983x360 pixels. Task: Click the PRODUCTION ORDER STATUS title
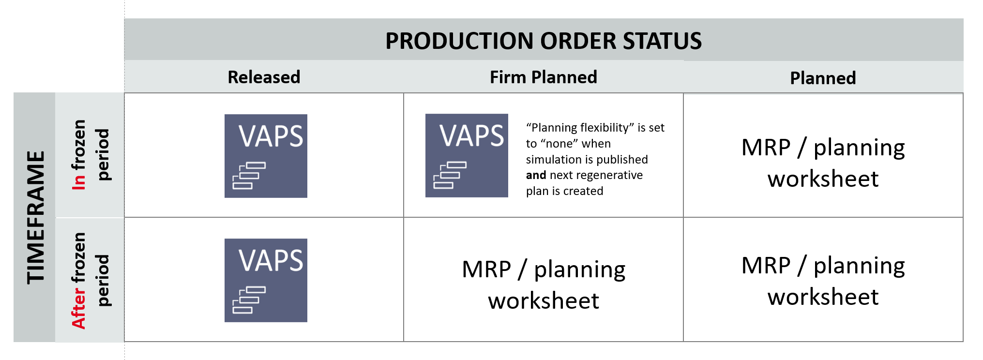coord(543,41)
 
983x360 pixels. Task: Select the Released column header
coord(264,77)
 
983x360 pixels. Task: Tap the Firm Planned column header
coord(543,77)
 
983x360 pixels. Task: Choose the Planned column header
coord(823,78)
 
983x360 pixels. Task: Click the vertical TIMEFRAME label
coord(35,217)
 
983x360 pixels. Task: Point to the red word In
coord(79,181)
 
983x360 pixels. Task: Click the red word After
coord(79,308)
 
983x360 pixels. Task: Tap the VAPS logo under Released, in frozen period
coord(266,156)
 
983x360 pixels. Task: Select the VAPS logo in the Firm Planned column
coord(467,155)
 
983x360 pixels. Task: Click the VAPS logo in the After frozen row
coord(266,280)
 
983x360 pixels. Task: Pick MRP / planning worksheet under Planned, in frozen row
coord(823,163)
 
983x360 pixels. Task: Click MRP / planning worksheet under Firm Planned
coord(543,285)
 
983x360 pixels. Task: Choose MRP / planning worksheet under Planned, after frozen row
coord(823,281)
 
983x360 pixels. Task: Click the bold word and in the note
coord(536,175)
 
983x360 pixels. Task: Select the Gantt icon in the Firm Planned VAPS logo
coord(450,175)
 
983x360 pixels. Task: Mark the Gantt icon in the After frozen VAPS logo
coord(249,300)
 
